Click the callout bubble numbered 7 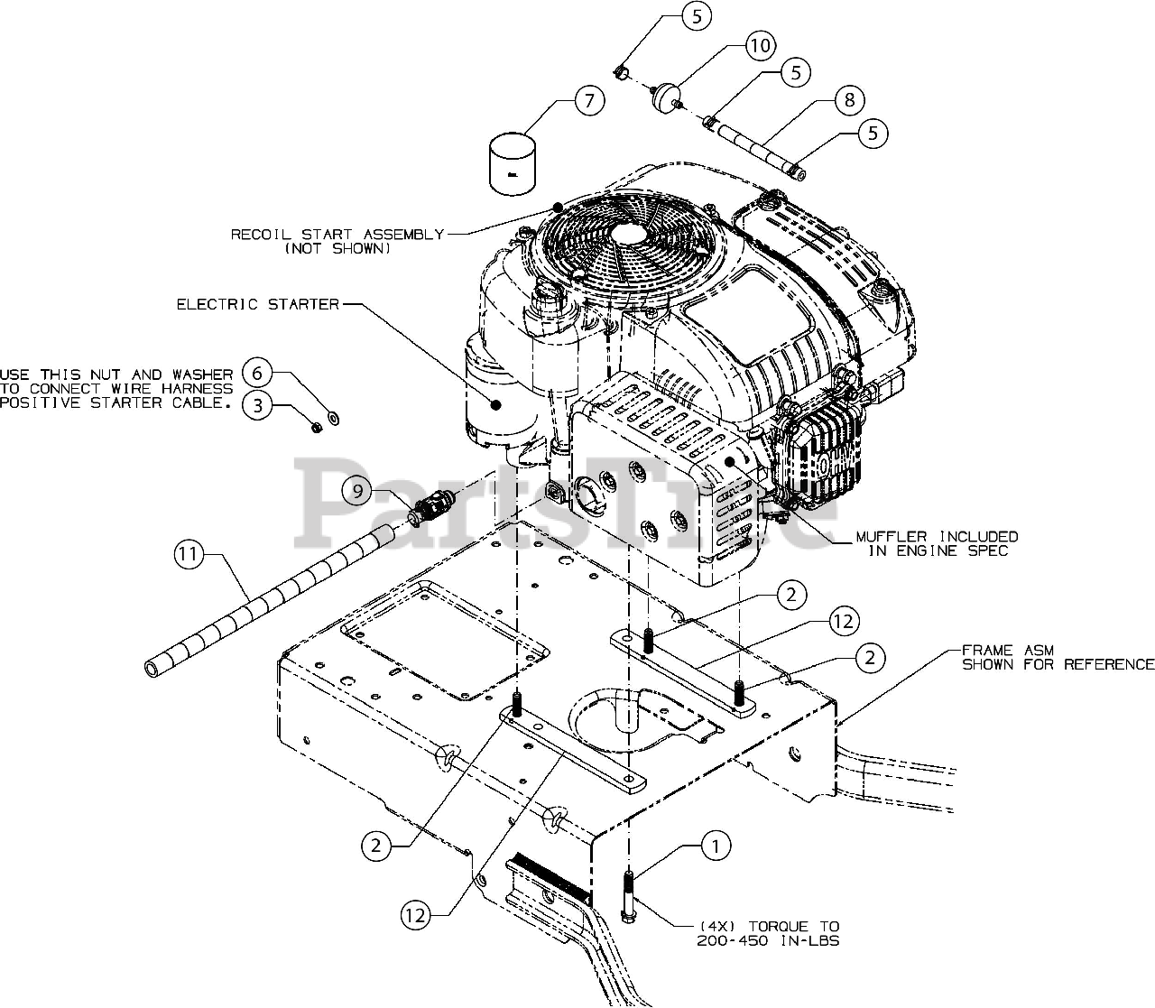click(589, 101)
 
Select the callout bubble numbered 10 click(761, 45)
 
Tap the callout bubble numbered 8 click(850, 100)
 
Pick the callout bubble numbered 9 click(357, 491)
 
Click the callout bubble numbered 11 click(189, 554)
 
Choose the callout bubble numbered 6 click(257, 373)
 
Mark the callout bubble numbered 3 click(258, 405)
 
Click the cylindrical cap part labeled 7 click(512, 163)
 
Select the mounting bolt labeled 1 click(628, 897)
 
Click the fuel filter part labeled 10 click(666, 97)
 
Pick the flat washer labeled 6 click(334, 419)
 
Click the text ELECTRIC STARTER click(258, 305)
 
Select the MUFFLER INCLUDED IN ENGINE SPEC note click(938, 543)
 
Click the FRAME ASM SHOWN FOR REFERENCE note click(1058, 658)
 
